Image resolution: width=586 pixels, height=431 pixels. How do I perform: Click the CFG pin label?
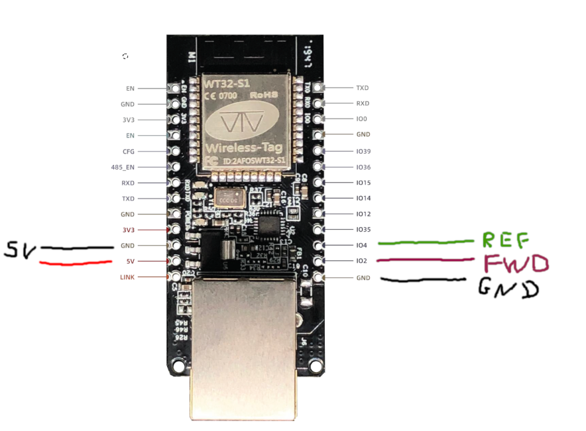tap(129, 152)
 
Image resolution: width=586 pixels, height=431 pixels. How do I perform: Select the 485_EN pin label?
tap(124, 168)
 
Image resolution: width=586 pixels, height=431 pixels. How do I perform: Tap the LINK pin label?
tap(127, 277)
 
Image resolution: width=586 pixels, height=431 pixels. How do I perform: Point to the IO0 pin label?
tap(361, 119)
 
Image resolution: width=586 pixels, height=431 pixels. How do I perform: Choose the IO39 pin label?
tap(363, 152)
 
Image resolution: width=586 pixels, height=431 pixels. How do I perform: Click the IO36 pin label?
tap(363, 168)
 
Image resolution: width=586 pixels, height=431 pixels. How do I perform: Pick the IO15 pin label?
tap(363, 183)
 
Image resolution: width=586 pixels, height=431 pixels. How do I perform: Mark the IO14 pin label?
tap(363, 198)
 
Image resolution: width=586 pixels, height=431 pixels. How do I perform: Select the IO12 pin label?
tap(363, 214)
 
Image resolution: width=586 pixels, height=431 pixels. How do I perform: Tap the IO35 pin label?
tap(363, 230)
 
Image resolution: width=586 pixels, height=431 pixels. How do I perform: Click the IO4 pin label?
tap(361, 246)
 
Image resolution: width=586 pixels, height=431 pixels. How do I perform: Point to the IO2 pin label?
tap(361, 261)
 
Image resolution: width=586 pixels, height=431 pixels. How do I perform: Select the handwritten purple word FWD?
tap(516, 263)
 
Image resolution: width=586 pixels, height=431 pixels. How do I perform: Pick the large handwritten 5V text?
tap(21, 250)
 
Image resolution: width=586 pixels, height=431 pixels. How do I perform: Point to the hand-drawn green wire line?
tap(424, 243)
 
